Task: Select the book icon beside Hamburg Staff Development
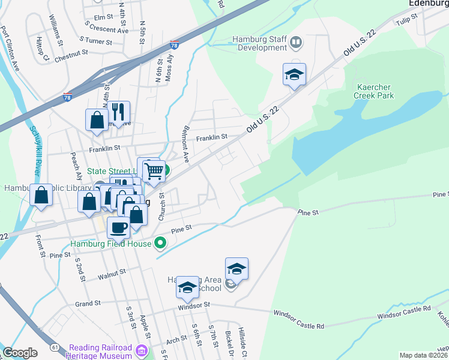(x=296, y=43)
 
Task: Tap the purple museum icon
(x=142, y=350)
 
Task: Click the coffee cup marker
(x=118, y=227)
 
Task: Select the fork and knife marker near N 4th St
(x=118, y=111)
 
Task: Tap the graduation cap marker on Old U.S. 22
(x=294, y=74)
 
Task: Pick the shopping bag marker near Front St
(x=41, y=195)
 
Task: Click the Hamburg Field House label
(x=111, y=244)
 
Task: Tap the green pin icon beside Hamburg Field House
(x=160, y=243)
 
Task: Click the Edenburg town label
(x=429, y=3)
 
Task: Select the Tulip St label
(x=406, y=22)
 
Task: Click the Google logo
(x=20, y=352)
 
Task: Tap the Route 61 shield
(x=55, y=347)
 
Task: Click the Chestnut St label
(x=71, y=59)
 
